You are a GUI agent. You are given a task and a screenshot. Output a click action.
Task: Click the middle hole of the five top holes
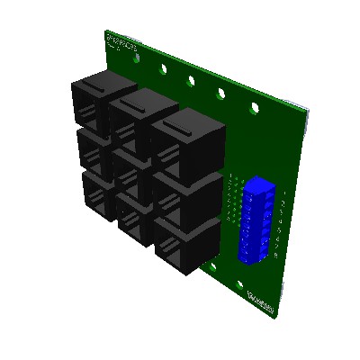[x=191, y=80]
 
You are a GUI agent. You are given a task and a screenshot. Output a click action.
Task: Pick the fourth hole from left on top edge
[x=221, y=93]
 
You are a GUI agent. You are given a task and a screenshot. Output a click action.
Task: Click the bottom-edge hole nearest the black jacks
[x=211, y=266]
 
